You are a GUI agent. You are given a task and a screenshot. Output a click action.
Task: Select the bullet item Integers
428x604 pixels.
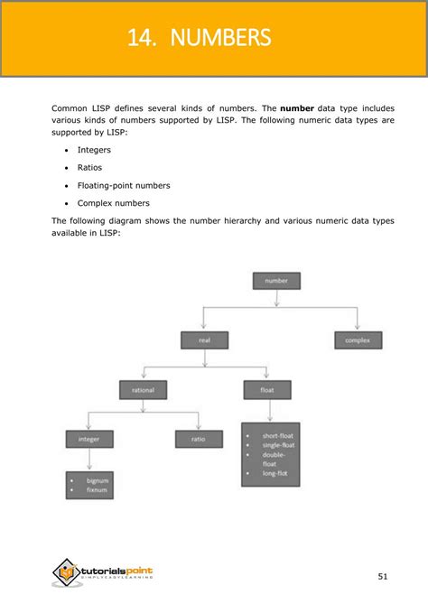(94, 150)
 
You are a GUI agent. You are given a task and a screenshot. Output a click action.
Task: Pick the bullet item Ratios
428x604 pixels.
(90, 167)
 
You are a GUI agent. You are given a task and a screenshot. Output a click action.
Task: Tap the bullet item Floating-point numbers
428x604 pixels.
(124, 185)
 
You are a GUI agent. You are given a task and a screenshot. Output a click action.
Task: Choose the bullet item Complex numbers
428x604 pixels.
(113, 203)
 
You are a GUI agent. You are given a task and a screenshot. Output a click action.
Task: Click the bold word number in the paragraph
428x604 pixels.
(297, 108)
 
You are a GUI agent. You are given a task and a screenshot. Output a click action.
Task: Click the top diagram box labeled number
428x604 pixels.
(275, 281)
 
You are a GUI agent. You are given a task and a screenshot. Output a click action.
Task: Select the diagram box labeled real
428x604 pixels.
(204, 340)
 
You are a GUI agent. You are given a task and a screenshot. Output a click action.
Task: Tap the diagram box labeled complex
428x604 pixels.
(358, 340)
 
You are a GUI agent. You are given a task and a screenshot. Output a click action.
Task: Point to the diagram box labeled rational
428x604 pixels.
(143, 390)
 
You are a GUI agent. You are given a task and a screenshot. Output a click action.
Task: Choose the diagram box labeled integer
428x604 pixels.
(88, 440)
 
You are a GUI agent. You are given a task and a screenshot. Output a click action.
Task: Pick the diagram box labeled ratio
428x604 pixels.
(199, 440)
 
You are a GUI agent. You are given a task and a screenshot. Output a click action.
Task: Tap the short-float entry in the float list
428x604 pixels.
(277, 436)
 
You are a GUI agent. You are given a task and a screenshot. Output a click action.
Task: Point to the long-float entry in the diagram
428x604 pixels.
(275, 474)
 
